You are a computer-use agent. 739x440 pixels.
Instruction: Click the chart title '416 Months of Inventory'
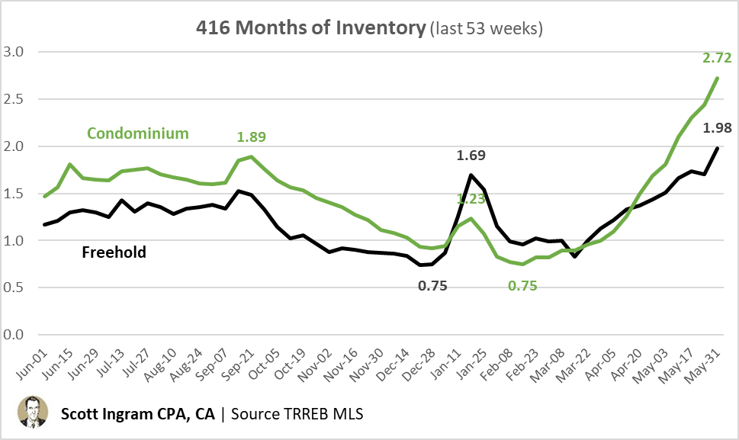click(x=310, y=29)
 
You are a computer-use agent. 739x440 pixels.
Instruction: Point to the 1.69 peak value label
click(x=471, y=156)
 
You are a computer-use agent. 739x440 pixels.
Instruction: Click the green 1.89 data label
click(x=252, y=137)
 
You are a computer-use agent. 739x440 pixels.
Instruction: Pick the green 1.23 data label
click(x=471, y=199)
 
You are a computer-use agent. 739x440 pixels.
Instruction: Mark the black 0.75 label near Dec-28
click(x=432, y=287)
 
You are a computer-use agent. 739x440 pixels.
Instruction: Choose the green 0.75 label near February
click(x=525, y=287)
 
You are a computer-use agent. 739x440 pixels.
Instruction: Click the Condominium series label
click(x=137, y=133)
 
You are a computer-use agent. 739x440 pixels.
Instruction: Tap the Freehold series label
click(x=114, y=251)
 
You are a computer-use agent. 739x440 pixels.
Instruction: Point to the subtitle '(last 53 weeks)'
click(x=486, y=30)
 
